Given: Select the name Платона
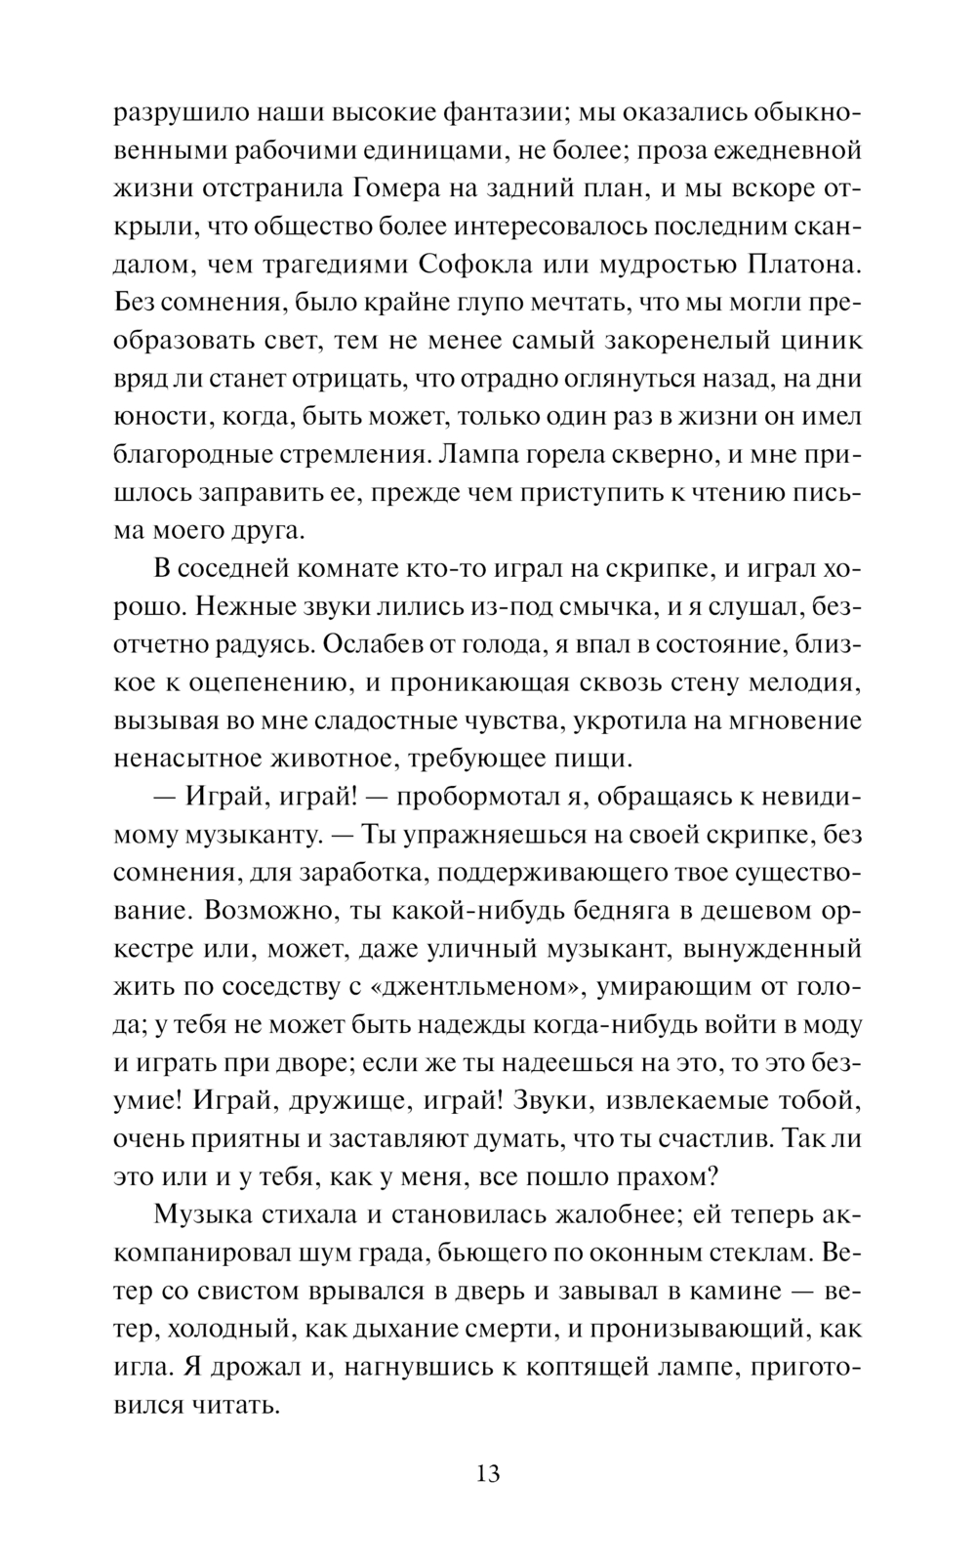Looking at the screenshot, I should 799,266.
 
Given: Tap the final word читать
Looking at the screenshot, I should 233,1405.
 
